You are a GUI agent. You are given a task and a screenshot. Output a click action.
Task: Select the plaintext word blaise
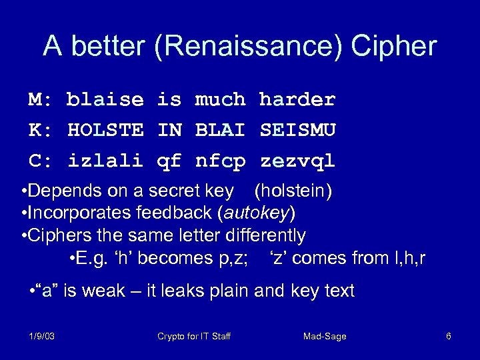point(105,100)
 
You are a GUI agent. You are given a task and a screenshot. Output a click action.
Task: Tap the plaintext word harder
point(297,100)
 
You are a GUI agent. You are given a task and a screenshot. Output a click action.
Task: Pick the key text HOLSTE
point(105,131)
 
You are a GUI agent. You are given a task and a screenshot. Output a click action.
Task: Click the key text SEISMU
point(297,131)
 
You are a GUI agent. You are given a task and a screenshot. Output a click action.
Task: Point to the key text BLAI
point(220,131)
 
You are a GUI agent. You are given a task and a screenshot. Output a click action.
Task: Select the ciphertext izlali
point(105,161)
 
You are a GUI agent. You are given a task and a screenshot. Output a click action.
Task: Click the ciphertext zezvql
point(297,161)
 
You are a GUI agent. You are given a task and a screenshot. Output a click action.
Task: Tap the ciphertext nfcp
point(220,161)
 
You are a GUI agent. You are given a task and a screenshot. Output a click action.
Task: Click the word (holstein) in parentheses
point(293,192)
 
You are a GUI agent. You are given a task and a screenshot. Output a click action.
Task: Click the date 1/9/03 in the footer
point(42,337)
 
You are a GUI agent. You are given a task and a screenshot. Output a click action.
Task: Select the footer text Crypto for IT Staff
point(194,337)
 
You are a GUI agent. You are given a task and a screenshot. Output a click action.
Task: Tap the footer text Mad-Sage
point(325,337)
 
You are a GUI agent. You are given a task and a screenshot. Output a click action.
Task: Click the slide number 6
point(449,337)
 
